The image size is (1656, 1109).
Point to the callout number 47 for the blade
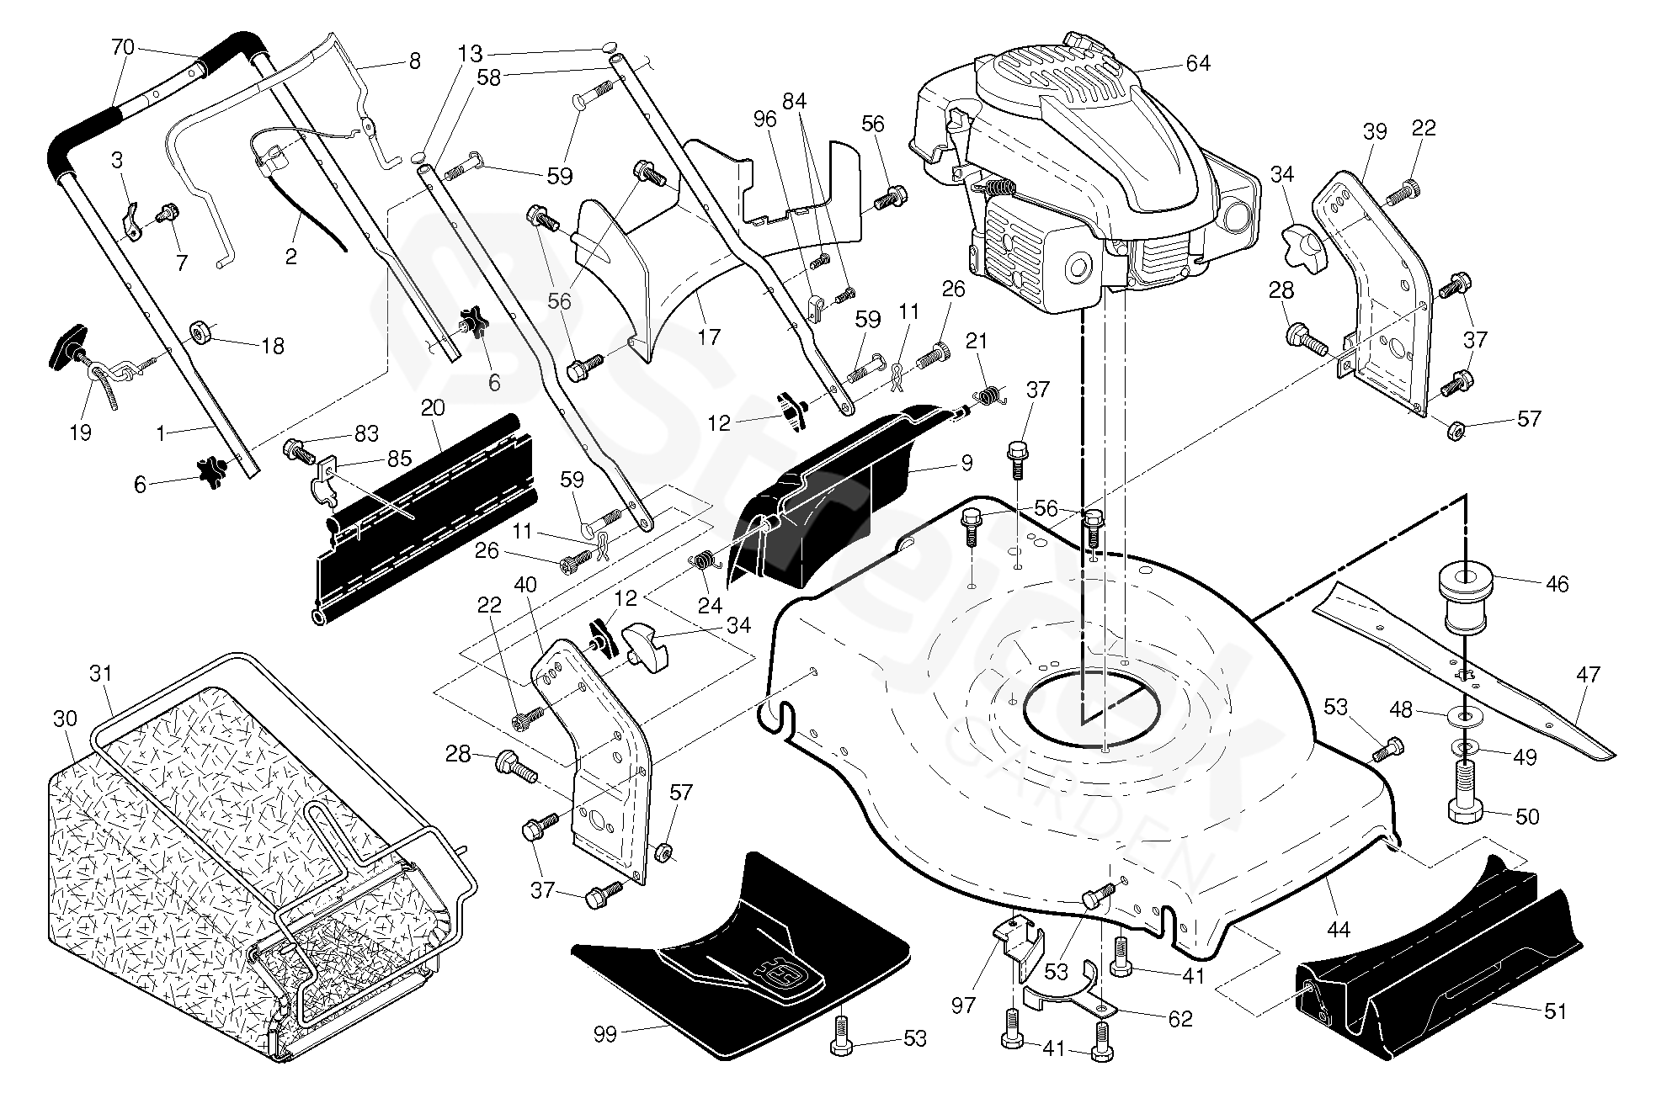[x=1588, y=675]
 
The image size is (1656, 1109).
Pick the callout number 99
[x=605, y=1034]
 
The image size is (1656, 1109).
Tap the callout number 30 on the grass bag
[x=64, y=718]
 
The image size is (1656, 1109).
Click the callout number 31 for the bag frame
[x=99, y=674]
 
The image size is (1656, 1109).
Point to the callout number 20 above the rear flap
[x=433, y=407]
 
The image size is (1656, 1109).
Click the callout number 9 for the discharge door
[x=967, y=462]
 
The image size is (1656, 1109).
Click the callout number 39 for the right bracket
[x=1374, y=132]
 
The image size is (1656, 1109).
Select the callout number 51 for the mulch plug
[x=1555, y=1011]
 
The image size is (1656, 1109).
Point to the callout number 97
[x=962, y=1005]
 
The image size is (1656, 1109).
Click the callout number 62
[x=1179, y=1019]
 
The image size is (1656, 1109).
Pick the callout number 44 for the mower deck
[x=1338, y=929]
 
